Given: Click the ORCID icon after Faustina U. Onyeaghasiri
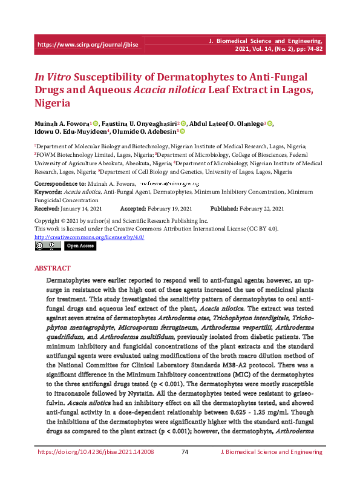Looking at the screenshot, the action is click(183, 123).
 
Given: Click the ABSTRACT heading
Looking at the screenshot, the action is click(53, 268).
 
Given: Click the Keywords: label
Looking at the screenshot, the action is click(48, 191).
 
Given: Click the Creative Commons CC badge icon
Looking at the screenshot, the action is click(47, 246).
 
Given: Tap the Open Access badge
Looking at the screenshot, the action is click(80, 246).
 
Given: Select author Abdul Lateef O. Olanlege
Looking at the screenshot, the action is click(227, 123).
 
